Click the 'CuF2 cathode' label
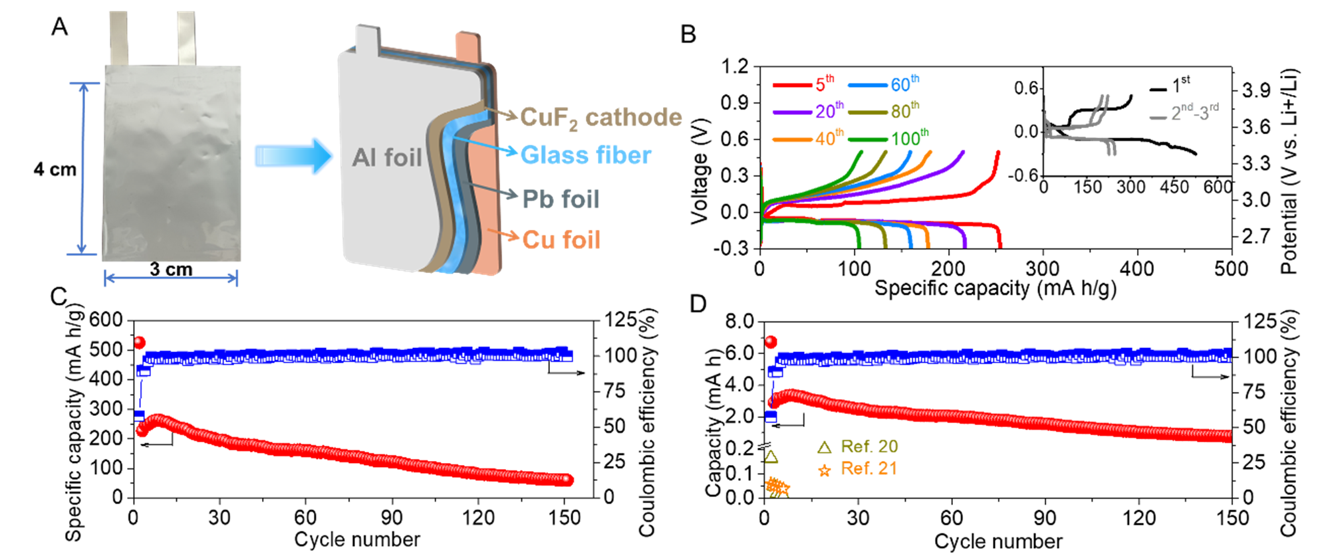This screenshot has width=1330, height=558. click(600, 118)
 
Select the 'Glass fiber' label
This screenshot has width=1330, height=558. click(585, 155)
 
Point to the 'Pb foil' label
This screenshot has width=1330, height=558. click(561, 199)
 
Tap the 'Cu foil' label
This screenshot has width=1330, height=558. click(561, 239)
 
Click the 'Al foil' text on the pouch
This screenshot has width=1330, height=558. click(386, 157)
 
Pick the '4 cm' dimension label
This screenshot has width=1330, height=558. click(55, 169)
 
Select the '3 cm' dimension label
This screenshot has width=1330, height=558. click(171, 270)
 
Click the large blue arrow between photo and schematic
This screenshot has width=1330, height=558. click(293, 157)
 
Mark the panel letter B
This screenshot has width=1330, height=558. click(688, 34)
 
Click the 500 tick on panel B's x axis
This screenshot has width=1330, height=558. click(1231, 269)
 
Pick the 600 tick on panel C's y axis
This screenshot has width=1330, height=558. click(106, 320)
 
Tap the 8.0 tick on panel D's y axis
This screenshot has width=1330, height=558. click(739, 322)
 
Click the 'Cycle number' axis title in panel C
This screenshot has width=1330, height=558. click(357, 539)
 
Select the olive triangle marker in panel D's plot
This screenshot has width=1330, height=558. click(771, 457)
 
